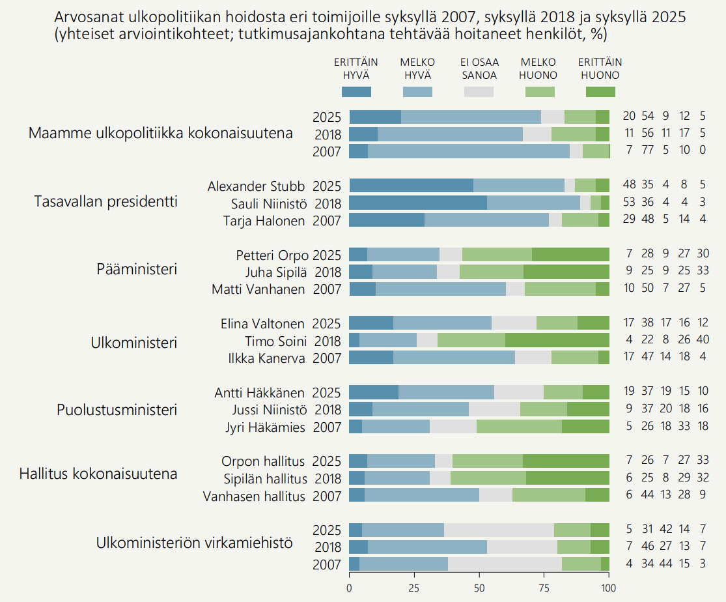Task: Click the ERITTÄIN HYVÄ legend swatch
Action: tap(356, 92)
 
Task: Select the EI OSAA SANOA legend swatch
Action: tap(479, 92)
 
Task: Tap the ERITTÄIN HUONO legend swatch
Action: tap(600, 92)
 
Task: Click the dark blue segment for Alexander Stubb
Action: tap(412, 185)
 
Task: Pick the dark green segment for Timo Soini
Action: tap(557, 340)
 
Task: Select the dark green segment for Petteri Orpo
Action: tap(570, 254)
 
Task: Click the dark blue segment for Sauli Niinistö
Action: tap(418, 203)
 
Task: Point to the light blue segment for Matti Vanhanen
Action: tap(441, 289)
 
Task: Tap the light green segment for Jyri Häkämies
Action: tap(519, 427)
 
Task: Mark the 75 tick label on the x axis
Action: tap(544, 587)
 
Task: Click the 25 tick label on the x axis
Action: tap(415, 587)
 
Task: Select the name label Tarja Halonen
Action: tap(264, 221)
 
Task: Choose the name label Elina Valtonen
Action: tap(263, 324)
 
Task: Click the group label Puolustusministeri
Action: tap(117, 410)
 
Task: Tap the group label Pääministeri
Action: tap(137, 268)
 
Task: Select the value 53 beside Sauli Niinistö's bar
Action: tap(629, 203)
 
